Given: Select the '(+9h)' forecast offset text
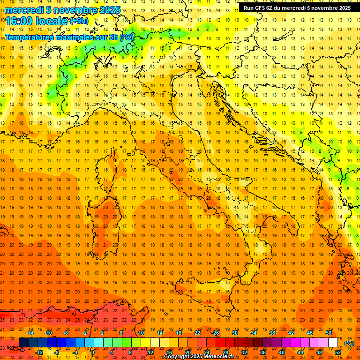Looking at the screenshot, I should [78, 21].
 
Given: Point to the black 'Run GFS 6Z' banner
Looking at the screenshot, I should [298, 8].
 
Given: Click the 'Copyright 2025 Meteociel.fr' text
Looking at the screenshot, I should [199, 357].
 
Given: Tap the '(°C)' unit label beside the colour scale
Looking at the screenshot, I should [349, 343].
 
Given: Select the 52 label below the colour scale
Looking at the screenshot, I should [337, 352].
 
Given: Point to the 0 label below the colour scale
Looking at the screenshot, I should [92, 352].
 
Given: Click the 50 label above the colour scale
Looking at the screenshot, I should [329, 333].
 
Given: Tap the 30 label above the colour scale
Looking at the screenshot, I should [235, 333].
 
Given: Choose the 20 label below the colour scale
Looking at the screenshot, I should [187, 352].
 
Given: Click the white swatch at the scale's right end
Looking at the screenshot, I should [333, 343].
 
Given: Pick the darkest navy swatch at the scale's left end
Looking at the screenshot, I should [24, 343].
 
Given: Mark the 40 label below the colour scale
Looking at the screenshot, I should [281, 352].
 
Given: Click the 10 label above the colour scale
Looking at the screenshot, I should [141, 333].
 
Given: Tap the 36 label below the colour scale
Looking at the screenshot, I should [262, 352].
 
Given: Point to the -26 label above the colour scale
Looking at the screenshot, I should [215, 333].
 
